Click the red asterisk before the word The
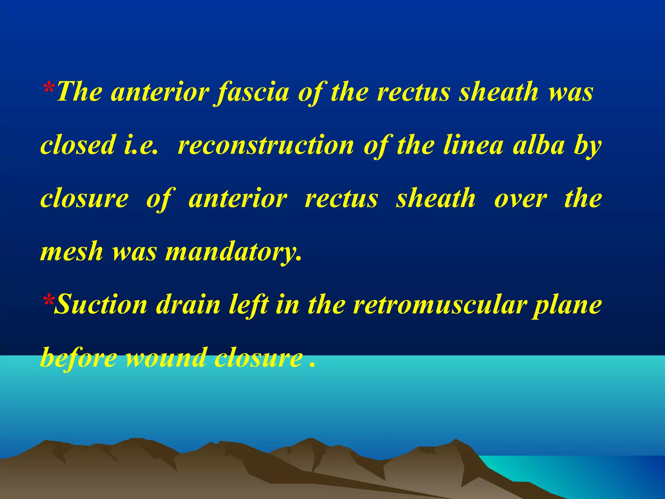coord(49,87)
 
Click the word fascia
coord(253,93)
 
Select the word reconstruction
coord(266,145)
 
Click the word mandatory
coord(233,252)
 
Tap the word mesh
coord(72,252)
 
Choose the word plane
coord(567,305)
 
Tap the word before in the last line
coord(79,358)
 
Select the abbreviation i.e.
coord(141,145)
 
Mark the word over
coord(521,198)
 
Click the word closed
coord(78,145)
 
